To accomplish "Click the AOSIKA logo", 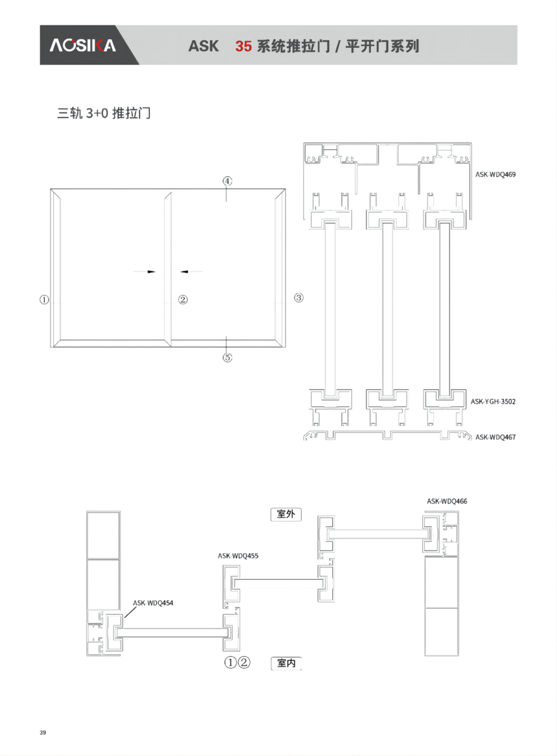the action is click(82, 45).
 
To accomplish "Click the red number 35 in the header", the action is click(244, 46).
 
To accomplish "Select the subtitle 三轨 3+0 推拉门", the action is click(104, 113).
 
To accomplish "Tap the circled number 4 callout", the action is click(227, 181).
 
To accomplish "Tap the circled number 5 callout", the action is click(227, 357).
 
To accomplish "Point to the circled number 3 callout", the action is click(299, 298).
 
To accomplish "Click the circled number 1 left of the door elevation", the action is click(44, 299).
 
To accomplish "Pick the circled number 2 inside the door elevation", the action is click(183, 299).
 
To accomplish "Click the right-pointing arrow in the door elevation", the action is click(144, 272).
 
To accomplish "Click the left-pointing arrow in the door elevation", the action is click(191, 272).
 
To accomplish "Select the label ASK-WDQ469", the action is click(495, 174).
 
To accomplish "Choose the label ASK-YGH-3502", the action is click(493, 401).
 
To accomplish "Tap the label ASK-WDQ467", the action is click(495, 437).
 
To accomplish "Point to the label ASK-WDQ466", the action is click(447, 501).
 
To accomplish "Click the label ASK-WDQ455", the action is click(238, 556).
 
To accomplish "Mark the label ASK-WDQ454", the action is click(153, 603).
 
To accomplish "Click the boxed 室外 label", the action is click(286, 514).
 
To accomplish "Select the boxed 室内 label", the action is click(286, 663).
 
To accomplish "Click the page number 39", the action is click(43, 733).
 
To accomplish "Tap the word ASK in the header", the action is click(203, 46).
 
